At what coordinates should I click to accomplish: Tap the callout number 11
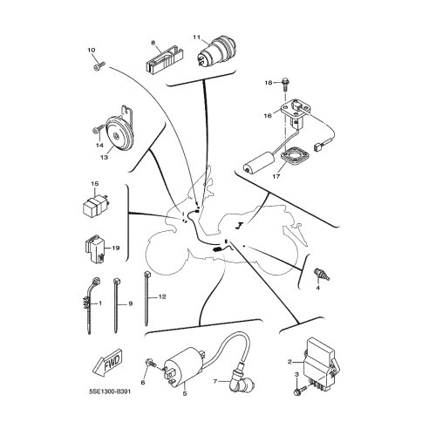point(197,37)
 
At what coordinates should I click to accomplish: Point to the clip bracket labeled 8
point(162,62)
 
